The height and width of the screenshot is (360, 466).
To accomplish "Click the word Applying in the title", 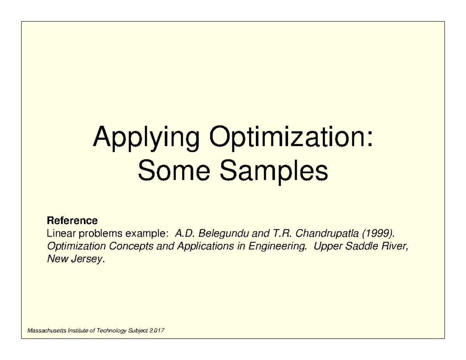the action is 146,139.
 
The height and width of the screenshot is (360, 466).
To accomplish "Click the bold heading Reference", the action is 72,221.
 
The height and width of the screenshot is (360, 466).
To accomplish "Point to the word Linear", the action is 61,233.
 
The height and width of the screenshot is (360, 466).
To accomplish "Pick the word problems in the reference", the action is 100,234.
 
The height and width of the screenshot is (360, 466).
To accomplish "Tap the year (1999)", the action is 379,234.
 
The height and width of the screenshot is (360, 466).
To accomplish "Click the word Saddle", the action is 362,246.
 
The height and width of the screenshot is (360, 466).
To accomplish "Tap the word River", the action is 395,246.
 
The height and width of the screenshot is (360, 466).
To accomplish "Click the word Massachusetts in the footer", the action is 47,330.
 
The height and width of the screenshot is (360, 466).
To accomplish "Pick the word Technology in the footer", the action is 111,331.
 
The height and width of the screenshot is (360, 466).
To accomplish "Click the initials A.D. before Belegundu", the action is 185,233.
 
